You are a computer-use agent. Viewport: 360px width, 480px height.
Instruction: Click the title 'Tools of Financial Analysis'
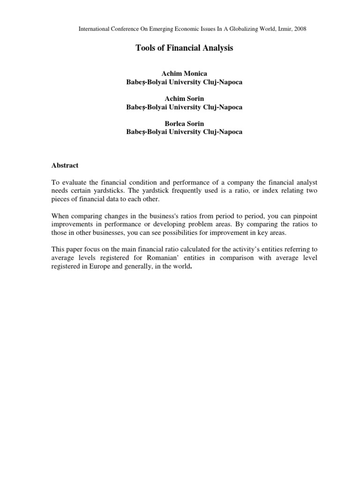(x=184, y=48)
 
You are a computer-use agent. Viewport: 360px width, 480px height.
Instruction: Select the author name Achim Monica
(x=184, y=74)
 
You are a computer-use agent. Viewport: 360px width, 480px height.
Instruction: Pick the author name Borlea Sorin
(x=184, y=124)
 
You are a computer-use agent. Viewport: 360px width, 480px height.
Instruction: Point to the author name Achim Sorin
(x=184, y=99)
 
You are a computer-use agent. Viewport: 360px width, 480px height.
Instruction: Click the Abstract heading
(x=65, y=165)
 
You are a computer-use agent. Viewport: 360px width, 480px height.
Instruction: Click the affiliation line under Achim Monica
(x=184, y=82)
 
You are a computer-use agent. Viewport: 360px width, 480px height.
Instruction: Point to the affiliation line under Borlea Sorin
(x=184, y=132)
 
